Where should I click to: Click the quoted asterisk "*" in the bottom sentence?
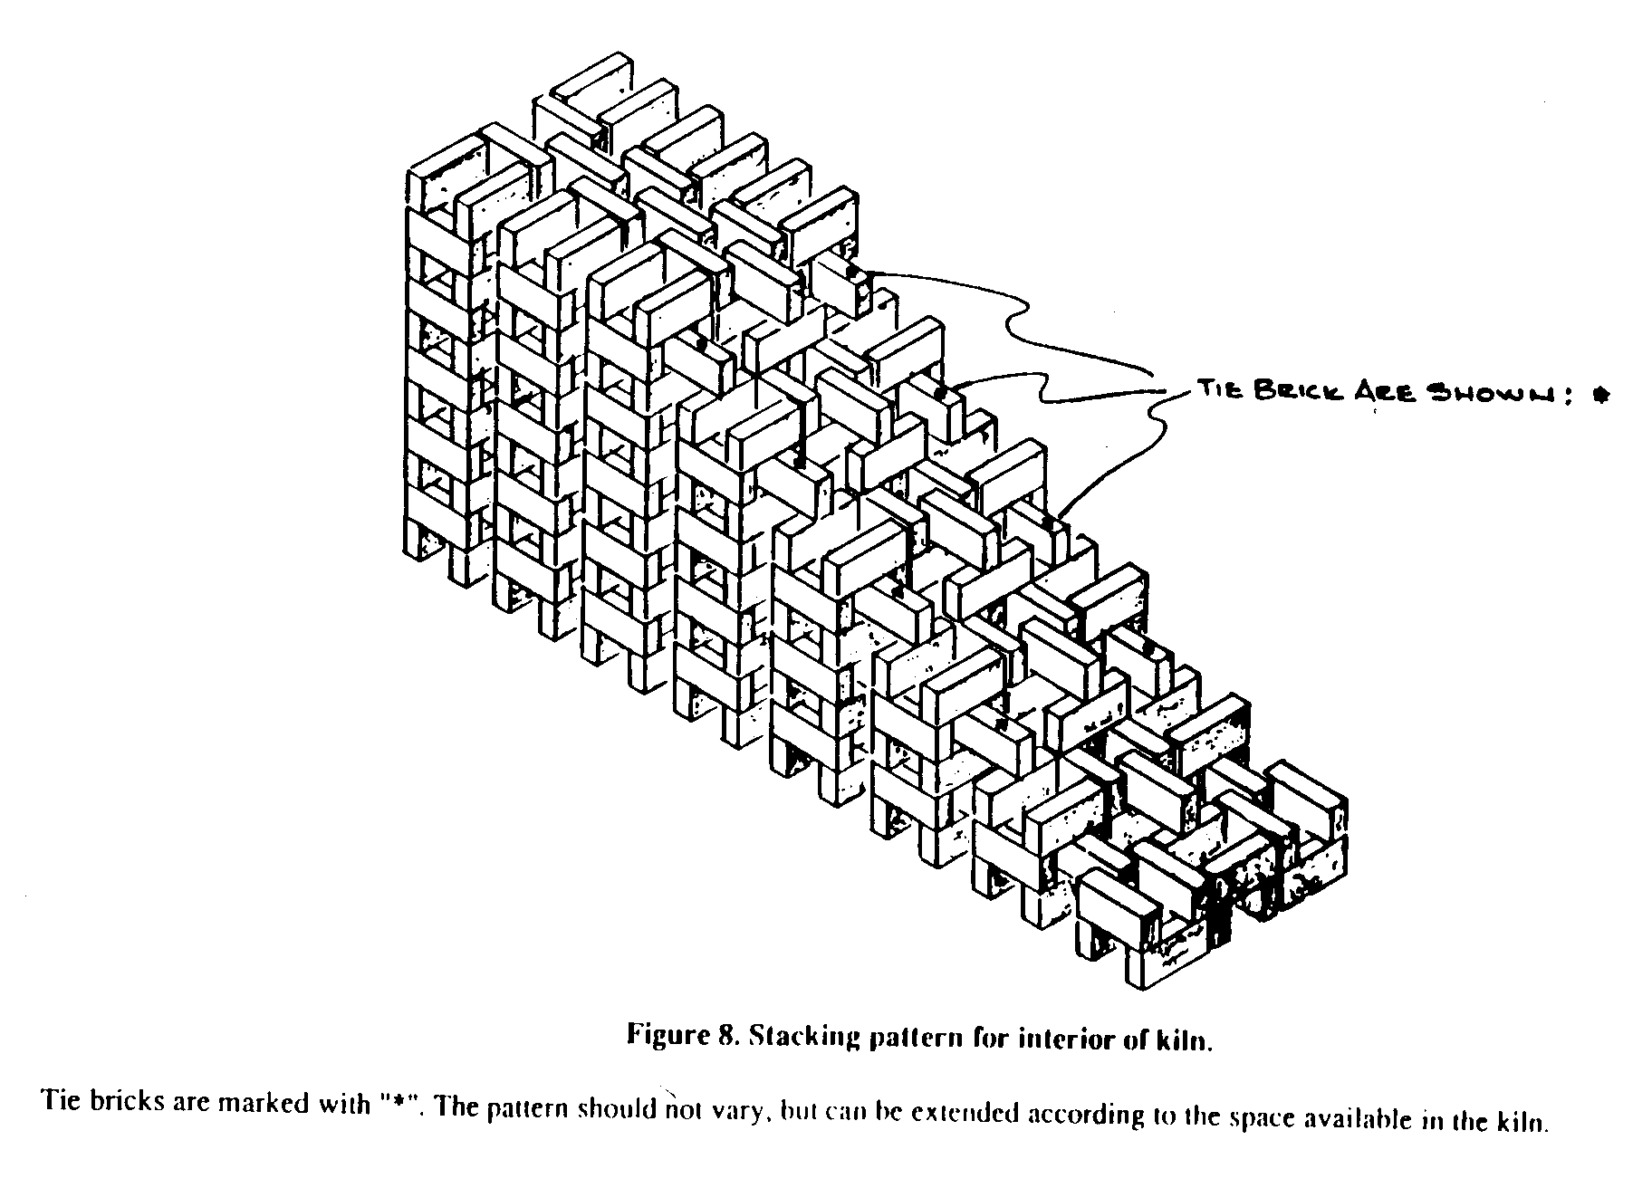click(x=395, y=1106)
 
